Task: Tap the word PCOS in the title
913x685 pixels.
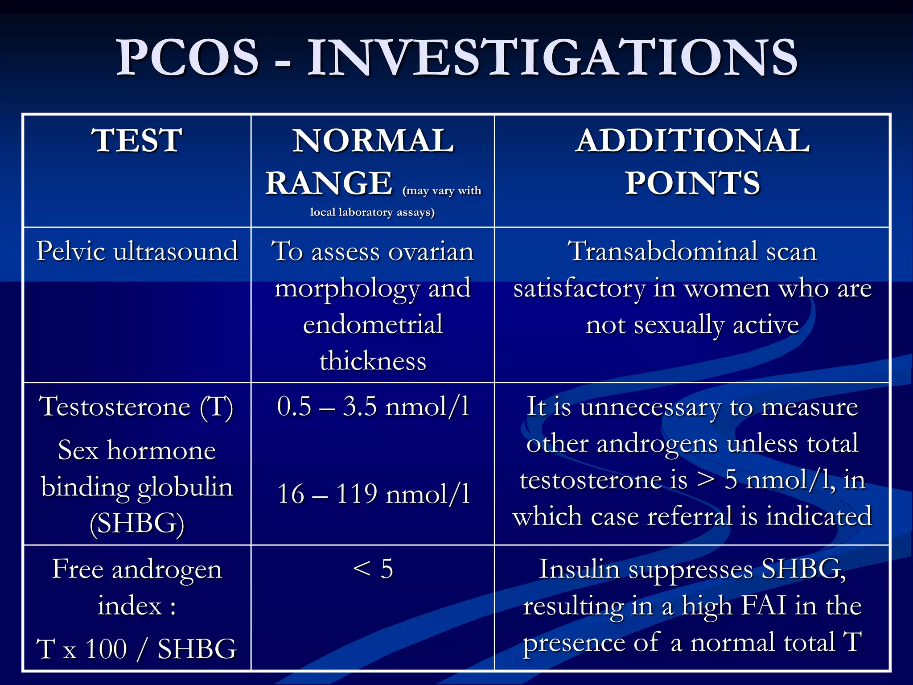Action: click(187, 58)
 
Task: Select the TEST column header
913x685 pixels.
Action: click(137, 141)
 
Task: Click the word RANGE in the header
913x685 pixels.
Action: click(329, 184)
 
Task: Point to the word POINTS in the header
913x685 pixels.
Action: click(692, 184)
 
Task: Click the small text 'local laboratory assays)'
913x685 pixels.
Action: click(372, 212)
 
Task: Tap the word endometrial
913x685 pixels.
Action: click(373, 325)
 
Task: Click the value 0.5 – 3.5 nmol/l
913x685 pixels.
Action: click(373, 407)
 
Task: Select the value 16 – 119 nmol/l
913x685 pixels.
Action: click(373, 494)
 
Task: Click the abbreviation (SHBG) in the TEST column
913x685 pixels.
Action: click(137, 523)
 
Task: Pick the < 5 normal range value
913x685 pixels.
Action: click(373, 569)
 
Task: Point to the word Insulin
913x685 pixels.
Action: click(579, 569)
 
